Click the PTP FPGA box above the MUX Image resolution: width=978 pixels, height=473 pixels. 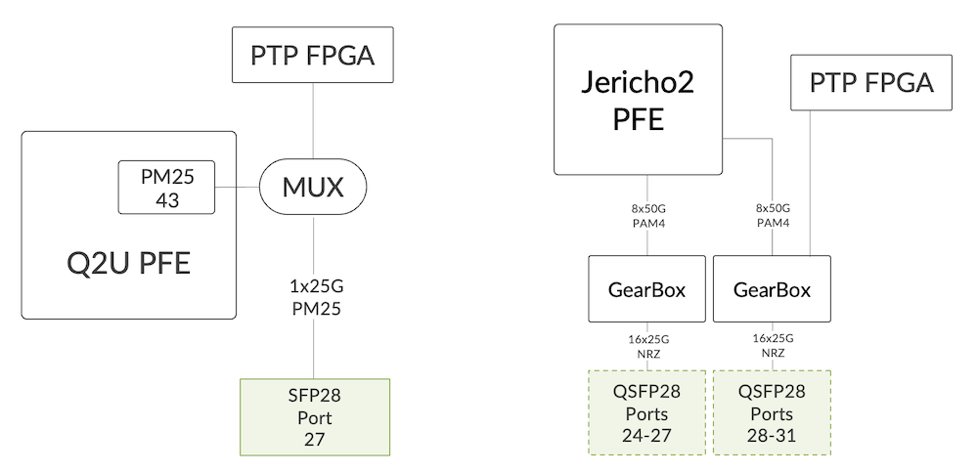312,56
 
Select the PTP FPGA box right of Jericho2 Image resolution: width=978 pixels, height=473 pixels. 870,83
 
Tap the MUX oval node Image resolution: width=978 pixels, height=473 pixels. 313,187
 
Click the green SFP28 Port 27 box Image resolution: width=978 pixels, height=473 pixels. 314,417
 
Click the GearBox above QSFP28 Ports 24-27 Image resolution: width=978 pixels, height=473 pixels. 646,289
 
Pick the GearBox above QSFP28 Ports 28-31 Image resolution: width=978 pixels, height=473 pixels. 772,289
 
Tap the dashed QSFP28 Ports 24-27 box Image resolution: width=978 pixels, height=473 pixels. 646,412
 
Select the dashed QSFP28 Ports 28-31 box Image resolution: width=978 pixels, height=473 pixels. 772,412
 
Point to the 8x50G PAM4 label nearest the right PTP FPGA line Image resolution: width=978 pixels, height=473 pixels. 772,216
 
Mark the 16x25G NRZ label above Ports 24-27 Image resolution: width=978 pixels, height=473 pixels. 646,346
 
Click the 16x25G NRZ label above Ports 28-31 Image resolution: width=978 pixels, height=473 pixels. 772,346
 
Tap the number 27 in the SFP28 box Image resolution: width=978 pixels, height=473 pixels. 314,439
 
